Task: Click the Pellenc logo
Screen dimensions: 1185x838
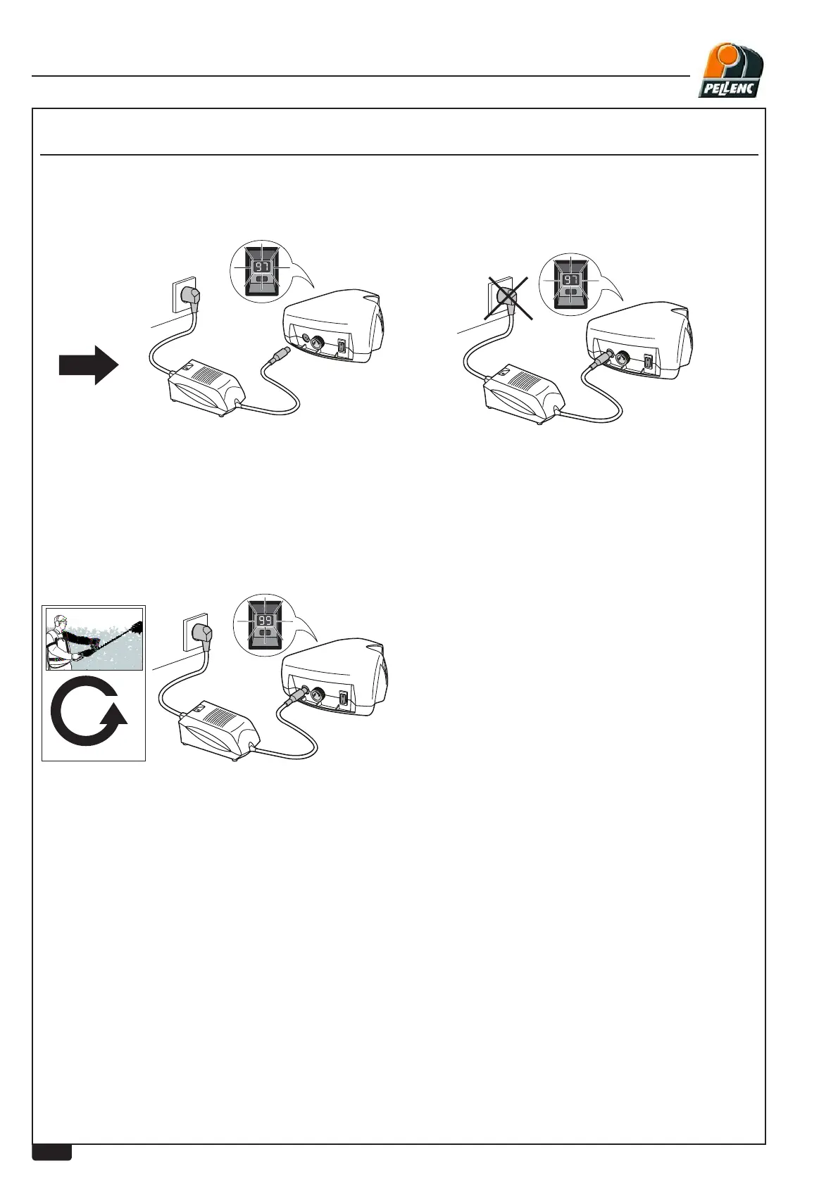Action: (730, 69)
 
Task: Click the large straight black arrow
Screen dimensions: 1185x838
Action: (88, 365)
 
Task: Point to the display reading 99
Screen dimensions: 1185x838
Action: (265, 621)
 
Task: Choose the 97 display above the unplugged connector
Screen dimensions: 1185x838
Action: (262, 267)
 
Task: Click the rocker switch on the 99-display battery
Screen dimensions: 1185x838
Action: (343, 699)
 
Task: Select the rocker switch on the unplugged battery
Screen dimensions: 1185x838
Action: (342, 347)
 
